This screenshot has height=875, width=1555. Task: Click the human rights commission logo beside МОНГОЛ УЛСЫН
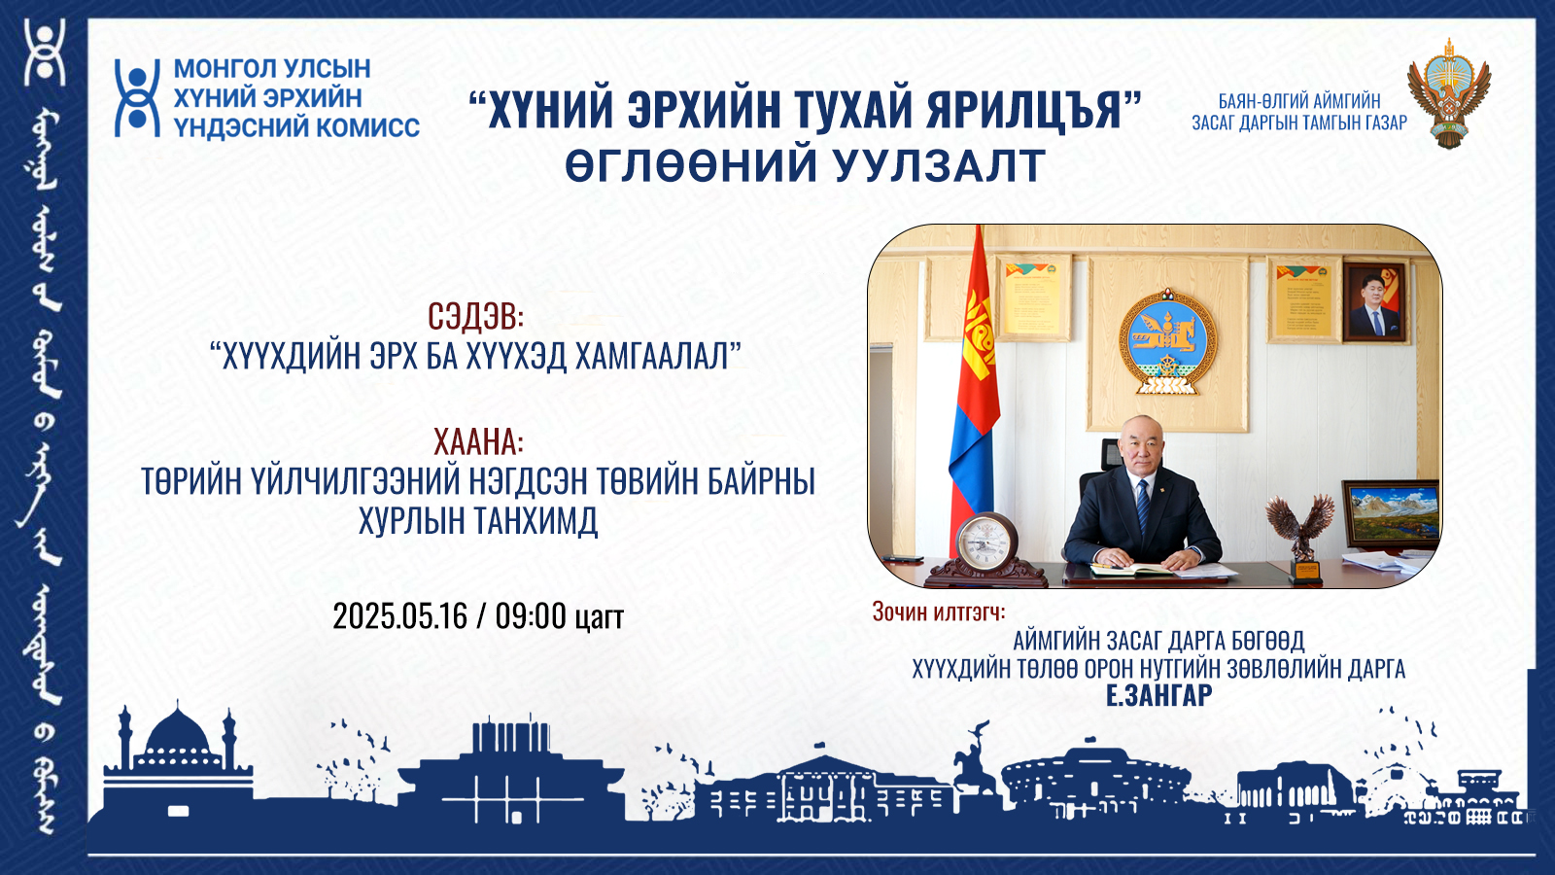(x=137, y=98)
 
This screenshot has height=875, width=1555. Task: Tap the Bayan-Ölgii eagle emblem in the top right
(x=1449, y=93)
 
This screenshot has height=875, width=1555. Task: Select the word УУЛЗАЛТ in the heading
(x=939, y=165)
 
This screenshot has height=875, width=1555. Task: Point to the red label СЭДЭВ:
(x=475, y=317)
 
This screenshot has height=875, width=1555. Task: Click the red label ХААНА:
(x=478, y=441)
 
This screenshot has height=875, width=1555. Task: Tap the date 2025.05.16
(x=399, y=616)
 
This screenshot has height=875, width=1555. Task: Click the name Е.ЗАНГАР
(x=1158, y=694)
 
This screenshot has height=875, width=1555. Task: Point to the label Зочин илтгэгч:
(x=939, y=612)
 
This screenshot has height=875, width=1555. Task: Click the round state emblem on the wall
(x=1167, y=341)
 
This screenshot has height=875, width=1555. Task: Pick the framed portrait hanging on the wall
(x=1374, y=301)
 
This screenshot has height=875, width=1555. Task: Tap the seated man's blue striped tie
(x=1143, y=509)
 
